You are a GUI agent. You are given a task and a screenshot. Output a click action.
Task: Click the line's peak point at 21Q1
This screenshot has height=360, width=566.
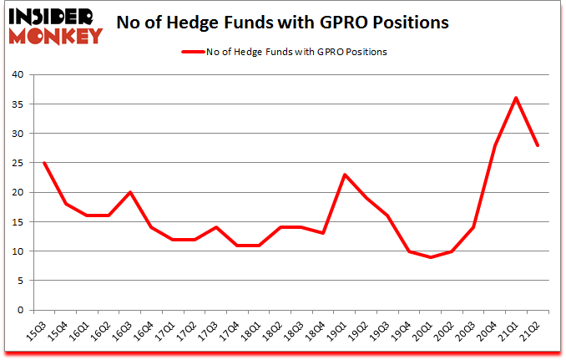(516, 98)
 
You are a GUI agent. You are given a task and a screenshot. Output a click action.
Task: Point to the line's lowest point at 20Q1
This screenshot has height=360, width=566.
(430, 257)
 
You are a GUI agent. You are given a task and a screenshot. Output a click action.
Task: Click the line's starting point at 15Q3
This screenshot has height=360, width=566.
(43, 163)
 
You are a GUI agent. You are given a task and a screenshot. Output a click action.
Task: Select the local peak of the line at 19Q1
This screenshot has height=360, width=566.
(344, 175)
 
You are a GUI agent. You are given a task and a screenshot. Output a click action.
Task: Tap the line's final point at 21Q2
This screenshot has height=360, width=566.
(538, 145)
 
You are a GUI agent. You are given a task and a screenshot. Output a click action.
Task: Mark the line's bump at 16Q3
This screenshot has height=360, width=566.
(129, 192)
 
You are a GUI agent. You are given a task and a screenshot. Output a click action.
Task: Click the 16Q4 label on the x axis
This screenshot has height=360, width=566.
(145, 332)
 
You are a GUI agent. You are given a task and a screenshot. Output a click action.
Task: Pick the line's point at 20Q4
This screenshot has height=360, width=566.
(494, 145)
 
